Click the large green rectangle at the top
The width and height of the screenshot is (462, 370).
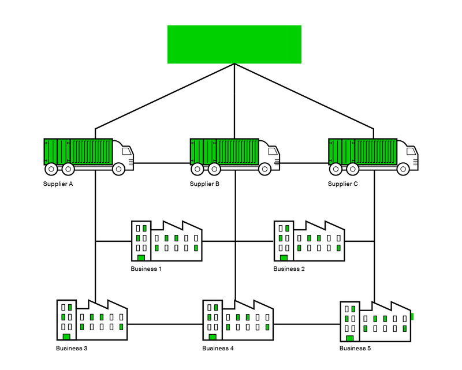click(234, 44)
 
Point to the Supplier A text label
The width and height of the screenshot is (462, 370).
click(58, 184)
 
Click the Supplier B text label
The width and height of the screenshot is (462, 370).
click(204, 184)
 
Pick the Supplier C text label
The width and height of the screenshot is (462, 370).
click(343, 184)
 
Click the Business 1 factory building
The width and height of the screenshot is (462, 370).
click(167, 241)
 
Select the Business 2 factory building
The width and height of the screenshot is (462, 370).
click(309, 241)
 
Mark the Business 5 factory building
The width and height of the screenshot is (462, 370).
click(376, 322)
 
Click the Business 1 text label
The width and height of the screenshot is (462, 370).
click(147, 269)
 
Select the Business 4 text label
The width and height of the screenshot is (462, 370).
click(218, 349)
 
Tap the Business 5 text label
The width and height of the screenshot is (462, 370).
click(356, 349)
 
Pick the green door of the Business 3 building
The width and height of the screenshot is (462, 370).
click(66, 337)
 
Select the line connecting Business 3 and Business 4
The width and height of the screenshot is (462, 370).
click(165, 324)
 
